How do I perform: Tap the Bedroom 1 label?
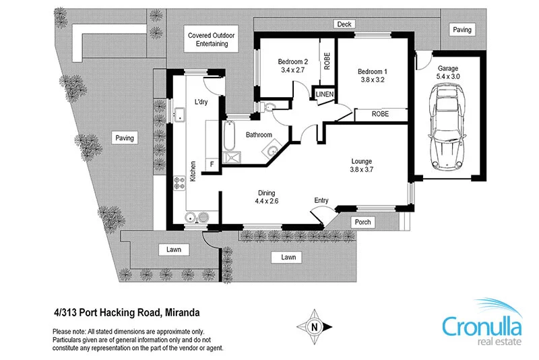tap(373, 71)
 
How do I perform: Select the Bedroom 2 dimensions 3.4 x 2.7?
tap(292, 69)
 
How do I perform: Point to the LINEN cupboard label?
tap(325, 94)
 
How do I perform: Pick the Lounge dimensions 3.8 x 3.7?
tap(361, 171)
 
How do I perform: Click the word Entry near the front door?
tap(321, 200)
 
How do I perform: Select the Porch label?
tap(362, 222)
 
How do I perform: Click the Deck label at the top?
tap(345, 24)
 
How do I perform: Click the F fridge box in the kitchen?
tap(212, 163)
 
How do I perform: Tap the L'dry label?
tap(201, 102)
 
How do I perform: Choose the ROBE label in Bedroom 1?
tap(381, 115)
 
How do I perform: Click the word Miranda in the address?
tap(181, 312)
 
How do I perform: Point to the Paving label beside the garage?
tap(462, 30)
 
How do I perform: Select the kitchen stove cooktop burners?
tap(180, 182)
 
